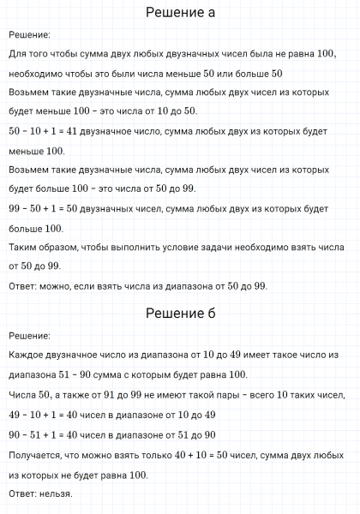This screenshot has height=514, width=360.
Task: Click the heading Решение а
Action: click(180, 13)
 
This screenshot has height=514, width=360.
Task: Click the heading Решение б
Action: click(180, 313)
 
